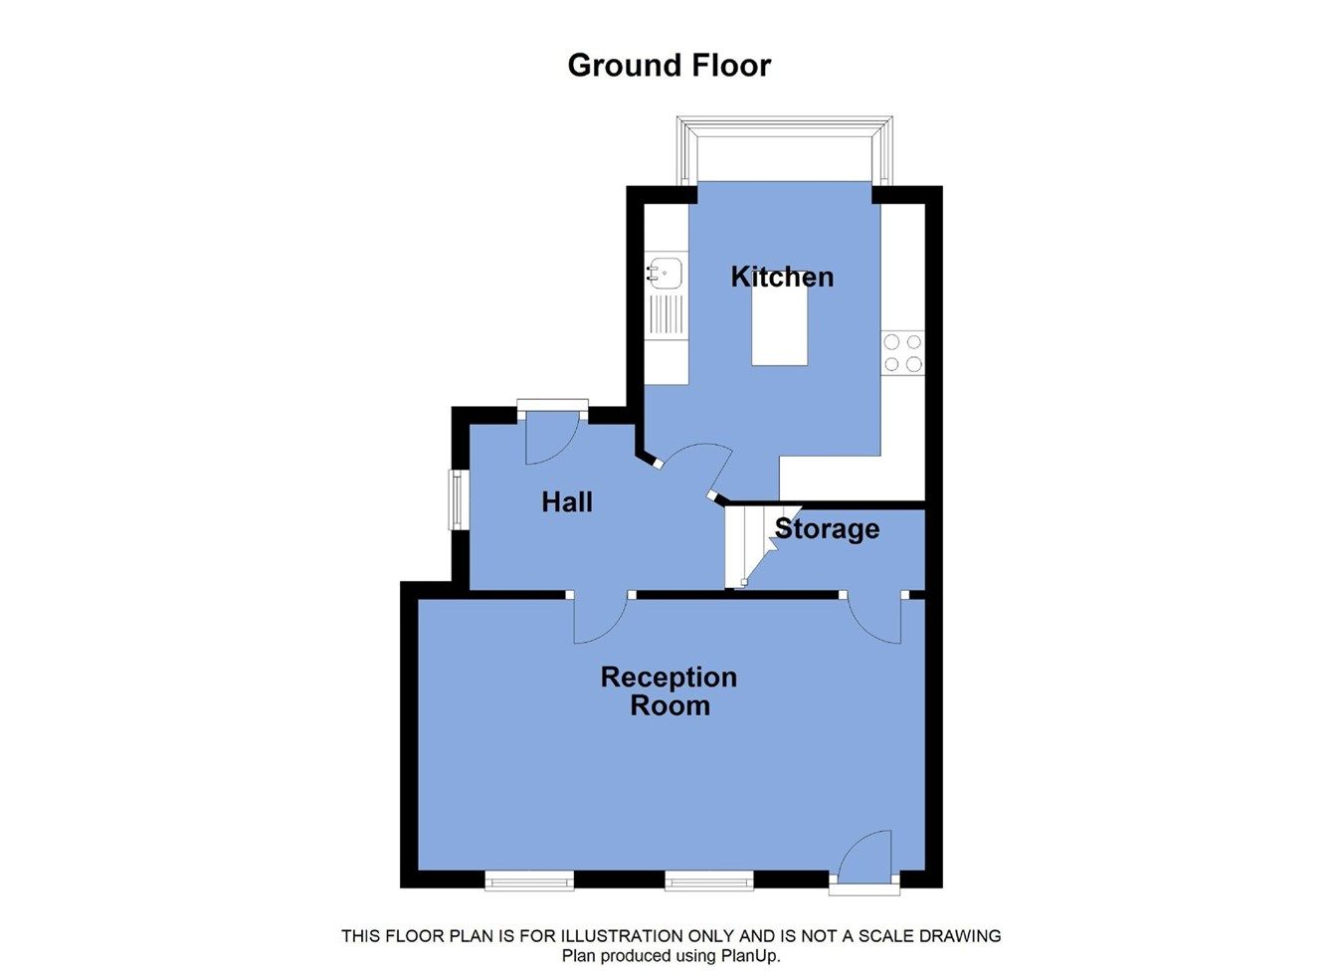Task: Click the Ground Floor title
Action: point(670,66)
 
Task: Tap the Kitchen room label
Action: point(782,277)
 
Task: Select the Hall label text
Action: point(567,502)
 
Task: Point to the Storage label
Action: point(827,529)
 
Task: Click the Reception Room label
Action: point(670,691)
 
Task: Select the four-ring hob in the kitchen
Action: point(902,352)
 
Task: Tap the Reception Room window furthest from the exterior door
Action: point(529,881)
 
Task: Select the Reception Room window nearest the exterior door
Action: point(708,881)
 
